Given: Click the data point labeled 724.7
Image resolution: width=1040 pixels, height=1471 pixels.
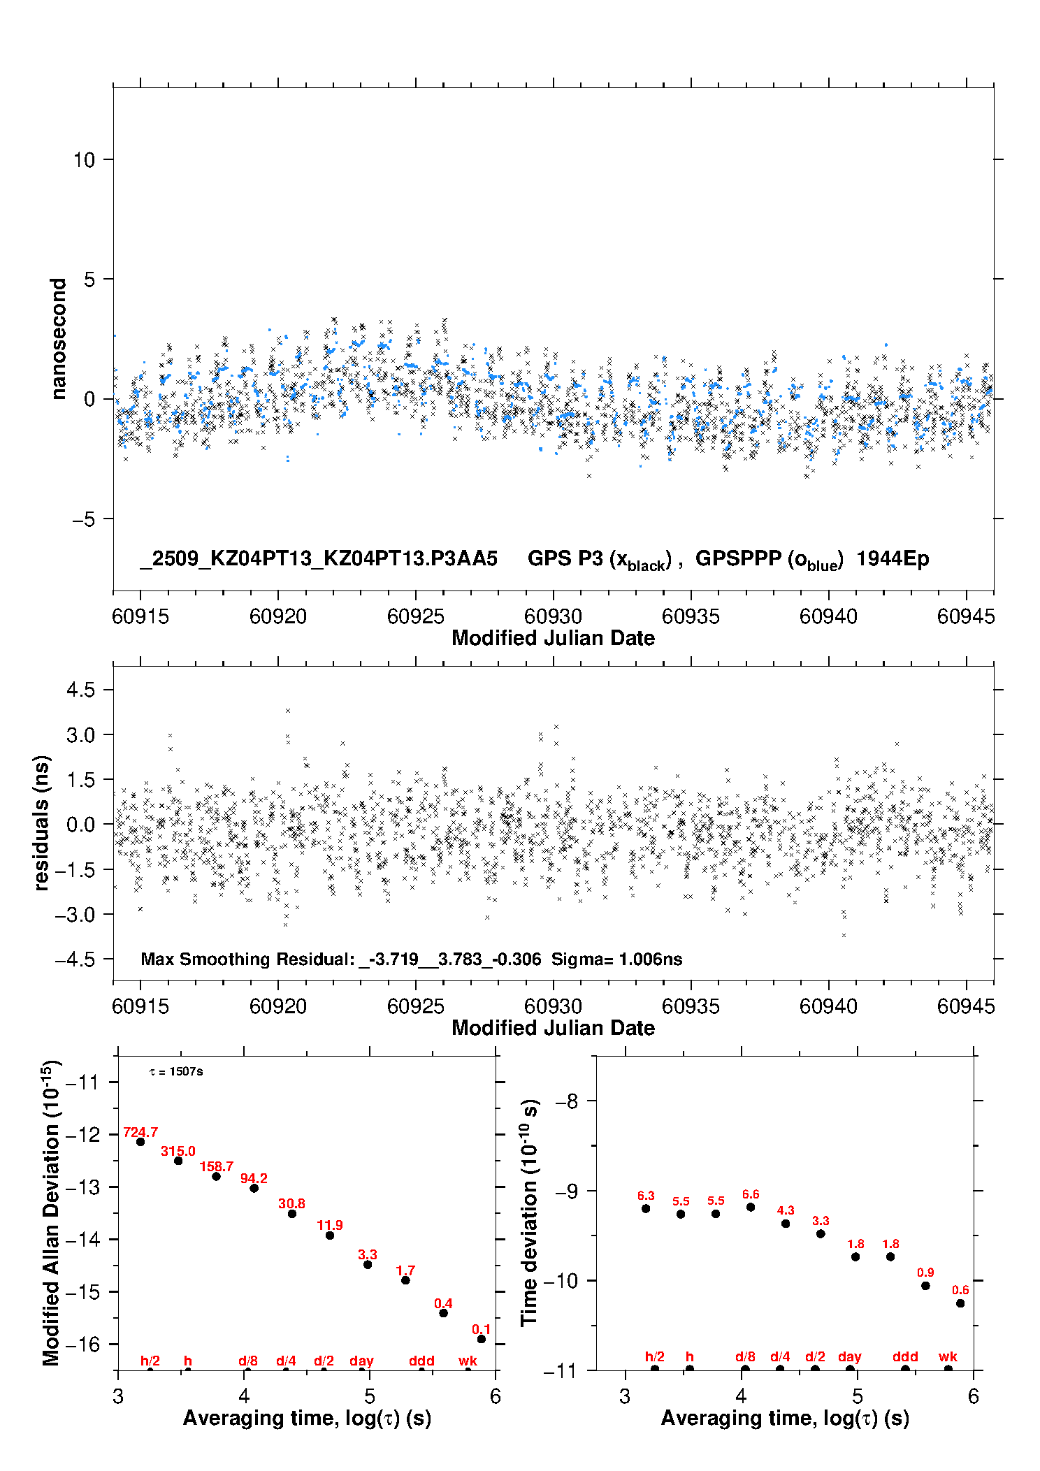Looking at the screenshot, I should tap(140, 1142).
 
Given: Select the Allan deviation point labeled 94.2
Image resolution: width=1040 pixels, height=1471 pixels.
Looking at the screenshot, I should tap(254, 1188).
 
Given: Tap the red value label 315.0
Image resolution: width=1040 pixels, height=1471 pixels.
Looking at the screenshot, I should tap(178, 1151).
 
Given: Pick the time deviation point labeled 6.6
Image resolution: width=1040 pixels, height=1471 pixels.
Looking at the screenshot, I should tap(751, 1207).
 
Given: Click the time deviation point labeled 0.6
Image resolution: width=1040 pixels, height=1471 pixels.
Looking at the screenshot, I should tap(960, 1303).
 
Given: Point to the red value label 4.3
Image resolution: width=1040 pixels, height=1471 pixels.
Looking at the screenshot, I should tap(786, 1210).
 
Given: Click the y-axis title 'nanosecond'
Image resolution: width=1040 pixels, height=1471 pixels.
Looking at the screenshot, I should tap(58, 339).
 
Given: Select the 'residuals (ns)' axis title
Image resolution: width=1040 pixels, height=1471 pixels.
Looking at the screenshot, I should tap(42, 823).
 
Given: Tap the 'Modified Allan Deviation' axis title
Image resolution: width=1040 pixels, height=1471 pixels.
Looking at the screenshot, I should tap(51, 1212).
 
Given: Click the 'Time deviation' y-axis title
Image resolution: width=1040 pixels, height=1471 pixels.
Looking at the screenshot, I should tap(529, 1212).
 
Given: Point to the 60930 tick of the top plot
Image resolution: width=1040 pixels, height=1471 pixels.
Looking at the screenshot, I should tap(553, 616).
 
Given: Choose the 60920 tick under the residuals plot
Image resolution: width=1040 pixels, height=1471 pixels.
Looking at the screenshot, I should tap(278, 1006).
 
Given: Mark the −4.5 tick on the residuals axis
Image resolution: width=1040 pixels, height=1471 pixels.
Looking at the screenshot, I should tap(75, 959).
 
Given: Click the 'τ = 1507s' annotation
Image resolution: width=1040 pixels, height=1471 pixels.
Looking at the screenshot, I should tap(176, 1072).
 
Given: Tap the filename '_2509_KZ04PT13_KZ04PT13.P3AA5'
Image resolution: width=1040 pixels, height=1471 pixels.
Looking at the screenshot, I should tap(319, 559).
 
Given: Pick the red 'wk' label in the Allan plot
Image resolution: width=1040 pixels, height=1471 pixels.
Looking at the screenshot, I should tap(468, 1361).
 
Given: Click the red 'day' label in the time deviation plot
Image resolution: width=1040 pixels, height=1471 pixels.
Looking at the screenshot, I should tap(850, 1356).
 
